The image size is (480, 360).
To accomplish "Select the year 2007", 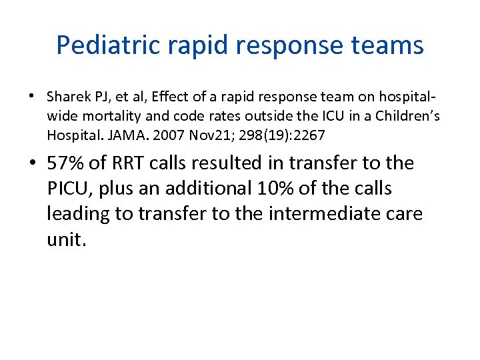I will tap(166, 135).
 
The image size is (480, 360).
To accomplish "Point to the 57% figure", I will tap(66, 163).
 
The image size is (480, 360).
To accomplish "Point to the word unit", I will tap(66, 239).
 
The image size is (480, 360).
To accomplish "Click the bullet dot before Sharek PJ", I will tap(33, 97).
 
